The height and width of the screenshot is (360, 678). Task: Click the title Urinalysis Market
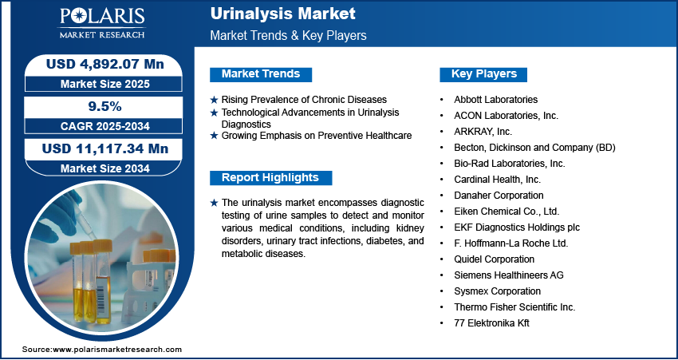pos(282,14)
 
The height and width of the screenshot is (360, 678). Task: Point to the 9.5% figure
pos(104,107)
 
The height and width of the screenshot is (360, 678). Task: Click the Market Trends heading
pos(260,74)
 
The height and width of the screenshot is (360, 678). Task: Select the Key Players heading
pos(483,74)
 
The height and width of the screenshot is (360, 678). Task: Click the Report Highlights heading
pos(270,177)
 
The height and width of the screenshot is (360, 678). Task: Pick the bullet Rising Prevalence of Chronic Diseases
pos(303,100)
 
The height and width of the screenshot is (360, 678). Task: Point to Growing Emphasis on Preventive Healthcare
pos(316,136)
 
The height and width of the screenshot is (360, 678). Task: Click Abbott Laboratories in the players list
pos(495,100)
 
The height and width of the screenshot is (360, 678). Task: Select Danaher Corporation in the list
pos(499,196)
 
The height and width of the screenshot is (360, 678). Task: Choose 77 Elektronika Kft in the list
pos(491,323)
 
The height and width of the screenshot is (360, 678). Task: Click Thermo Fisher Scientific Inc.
pos(514,307)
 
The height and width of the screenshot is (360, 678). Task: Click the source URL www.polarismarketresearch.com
pos(117,350)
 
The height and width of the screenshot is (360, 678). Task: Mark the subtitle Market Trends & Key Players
pos(288,35)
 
